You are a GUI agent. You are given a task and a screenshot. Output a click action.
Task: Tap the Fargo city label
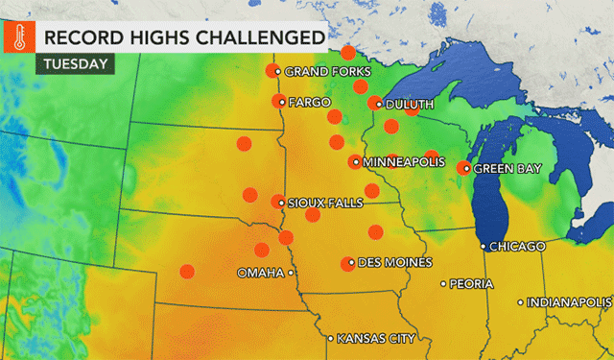[309, 101]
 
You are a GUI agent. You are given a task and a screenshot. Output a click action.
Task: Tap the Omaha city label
[260, 273]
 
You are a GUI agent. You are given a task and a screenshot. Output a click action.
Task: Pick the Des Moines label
[394, 262]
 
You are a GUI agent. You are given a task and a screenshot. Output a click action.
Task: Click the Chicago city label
[517, 247]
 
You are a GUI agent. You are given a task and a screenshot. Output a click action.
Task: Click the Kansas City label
[376, 338]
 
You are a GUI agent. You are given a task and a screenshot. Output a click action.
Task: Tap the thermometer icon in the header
[16, 37]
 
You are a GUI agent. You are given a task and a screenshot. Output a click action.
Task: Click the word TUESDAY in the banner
[74, 64]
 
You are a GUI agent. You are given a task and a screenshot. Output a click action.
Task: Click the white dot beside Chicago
[483, 247]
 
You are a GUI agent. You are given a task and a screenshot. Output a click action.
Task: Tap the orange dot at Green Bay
[465, 168]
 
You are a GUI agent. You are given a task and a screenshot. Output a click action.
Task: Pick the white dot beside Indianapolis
[521, 303]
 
